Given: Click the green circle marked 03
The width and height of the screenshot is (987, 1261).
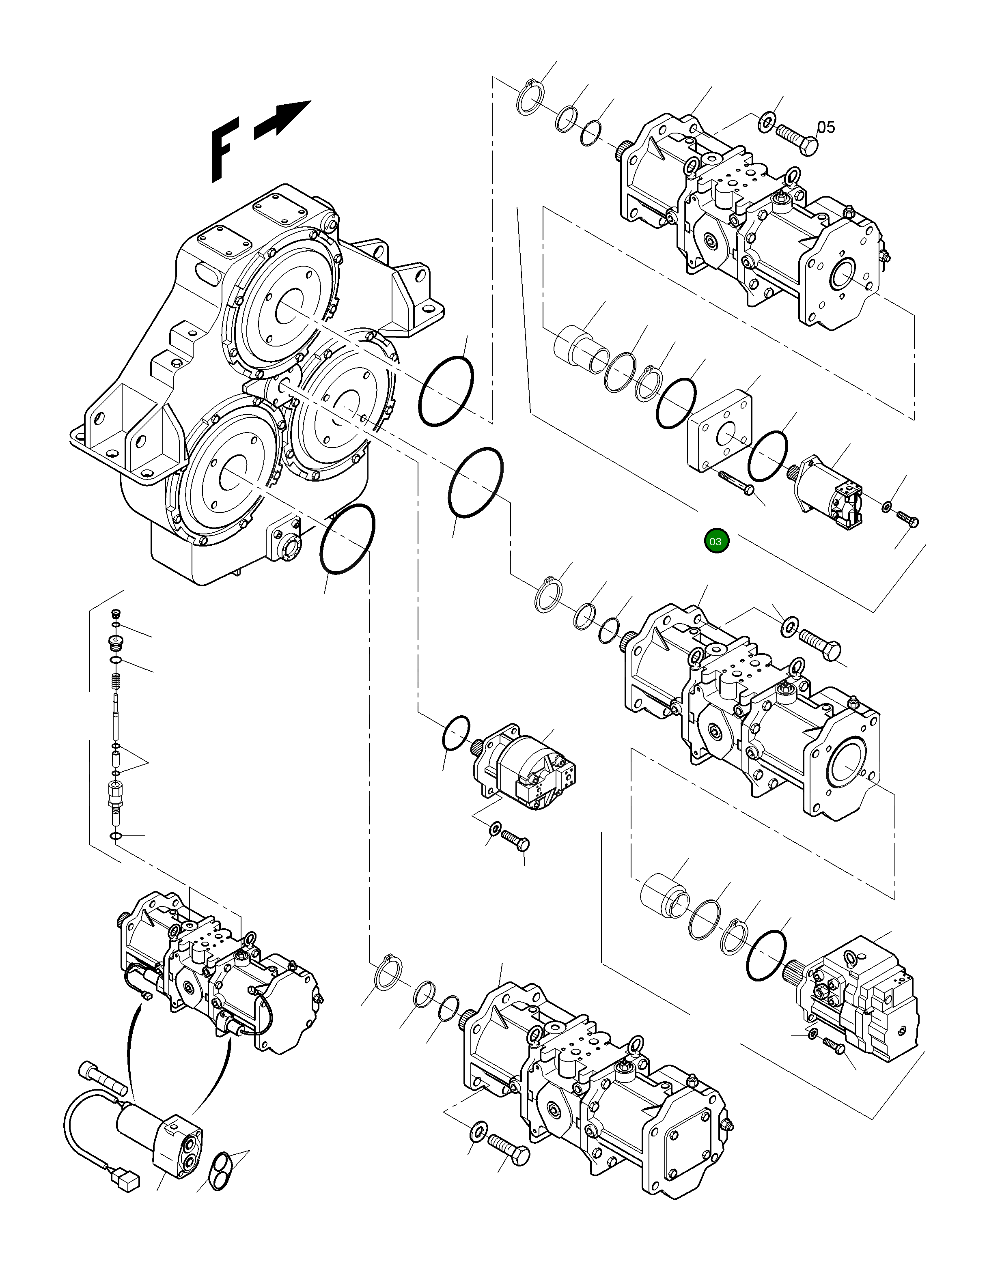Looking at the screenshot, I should click(x=716, y=541).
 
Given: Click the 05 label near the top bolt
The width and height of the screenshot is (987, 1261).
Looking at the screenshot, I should click(x=826, y=127).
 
